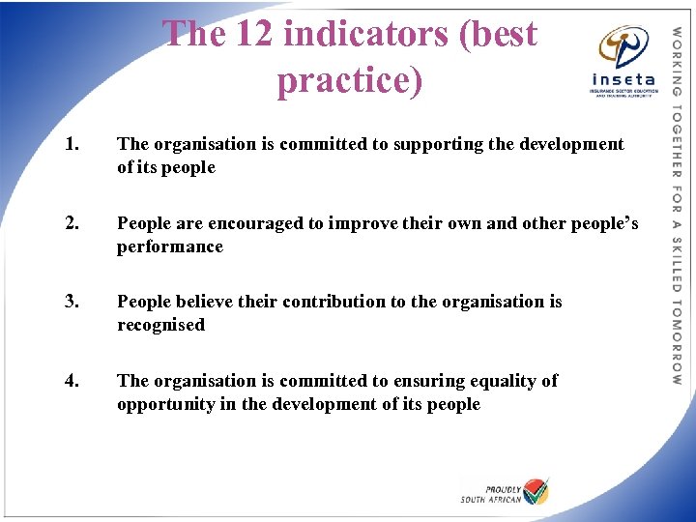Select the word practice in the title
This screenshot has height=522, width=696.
coord(349,80)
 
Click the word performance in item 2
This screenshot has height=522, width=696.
coord(170,247)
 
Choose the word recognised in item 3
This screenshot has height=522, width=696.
coord(161,326)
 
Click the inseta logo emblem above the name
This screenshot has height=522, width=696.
coord(623,45)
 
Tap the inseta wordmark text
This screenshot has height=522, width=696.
coord(622,79)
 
